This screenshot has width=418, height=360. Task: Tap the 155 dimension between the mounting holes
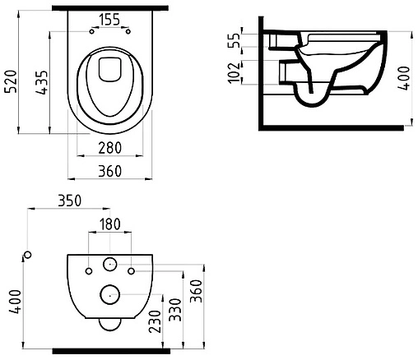pyautogui.click(x=110, y=19)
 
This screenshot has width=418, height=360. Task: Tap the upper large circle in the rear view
pyautogui.click(x=109, y=265)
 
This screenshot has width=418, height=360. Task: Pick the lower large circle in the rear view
pyautogui.click(x=109, y=293)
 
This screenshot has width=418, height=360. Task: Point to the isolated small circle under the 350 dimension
pyautogui.click(x=26, y=256)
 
